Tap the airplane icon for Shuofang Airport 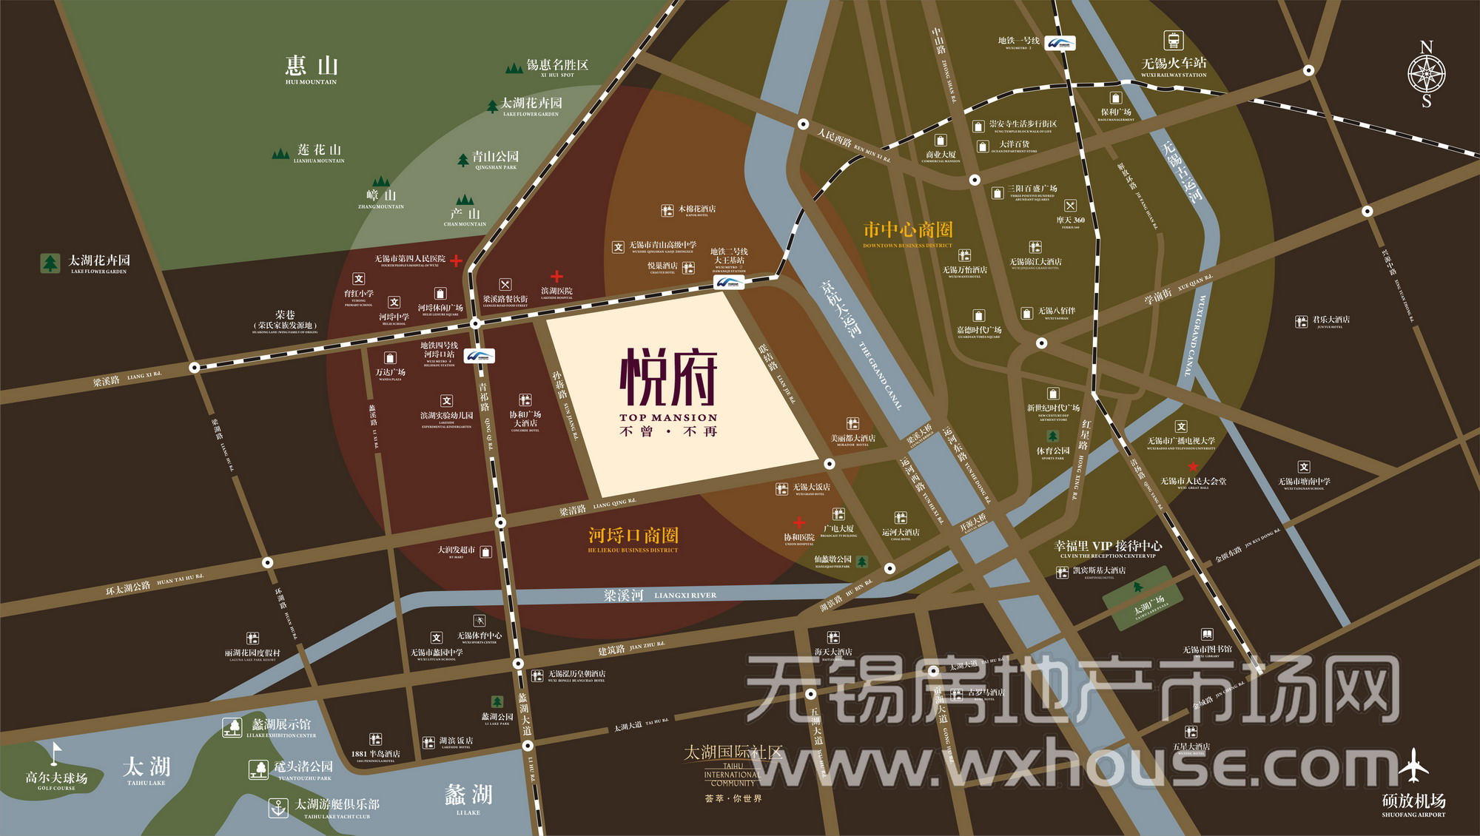1413,766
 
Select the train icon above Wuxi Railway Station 1173,40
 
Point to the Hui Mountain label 312,68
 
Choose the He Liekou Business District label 633,537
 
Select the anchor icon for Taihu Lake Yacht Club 278,807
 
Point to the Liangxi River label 659,595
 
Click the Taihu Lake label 147,769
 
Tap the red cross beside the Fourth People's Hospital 456,260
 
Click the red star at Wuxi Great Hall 1193,467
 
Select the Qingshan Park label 495,158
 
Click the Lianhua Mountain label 319,152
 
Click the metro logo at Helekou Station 480,357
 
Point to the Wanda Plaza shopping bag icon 390,358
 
